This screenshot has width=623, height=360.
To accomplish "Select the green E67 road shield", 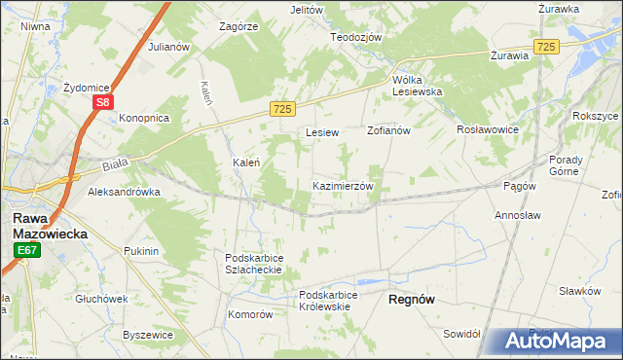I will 26,251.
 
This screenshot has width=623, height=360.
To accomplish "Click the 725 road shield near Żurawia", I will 546,47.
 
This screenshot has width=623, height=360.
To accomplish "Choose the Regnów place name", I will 412,300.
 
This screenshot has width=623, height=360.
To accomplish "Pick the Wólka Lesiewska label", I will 418,86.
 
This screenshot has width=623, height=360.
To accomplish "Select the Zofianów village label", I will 388,130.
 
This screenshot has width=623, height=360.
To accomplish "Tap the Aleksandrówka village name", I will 124,193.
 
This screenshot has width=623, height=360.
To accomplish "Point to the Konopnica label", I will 144,118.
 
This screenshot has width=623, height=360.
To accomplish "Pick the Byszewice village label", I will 148,335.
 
